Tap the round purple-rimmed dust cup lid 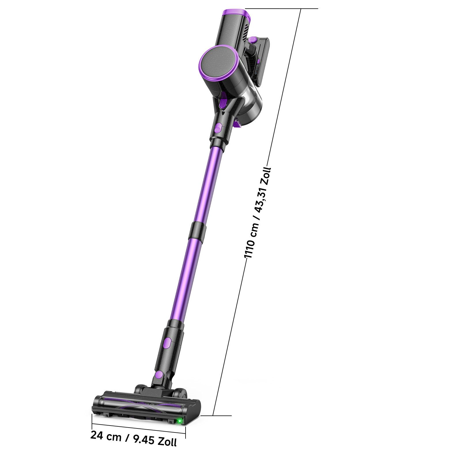point(218,63)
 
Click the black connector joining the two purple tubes point(197,231)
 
